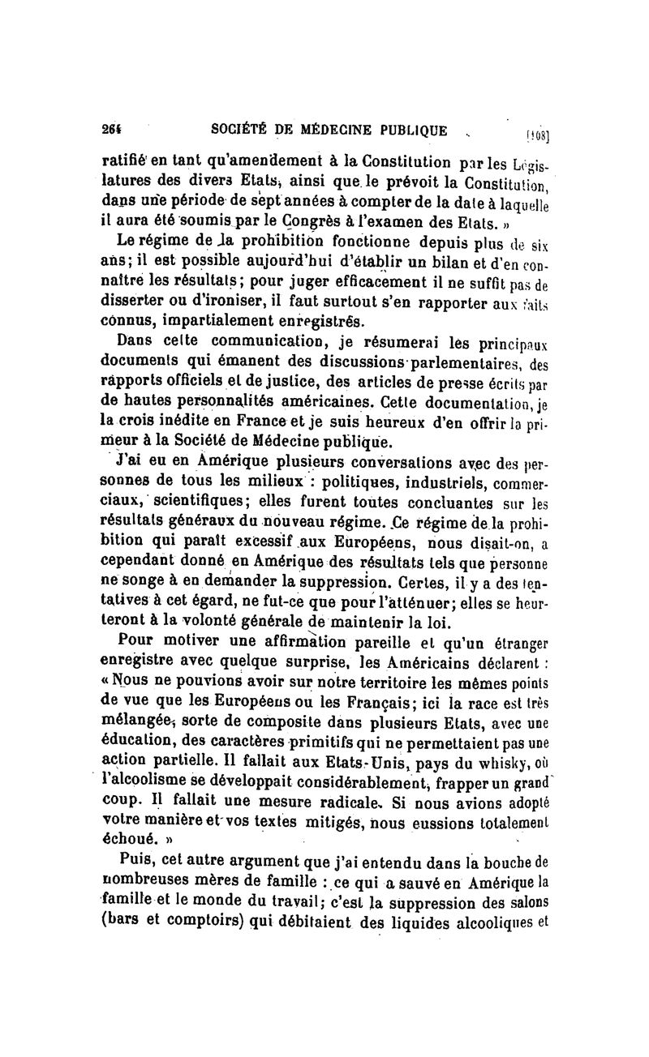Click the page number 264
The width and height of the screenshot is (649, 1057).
point(110,131)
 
